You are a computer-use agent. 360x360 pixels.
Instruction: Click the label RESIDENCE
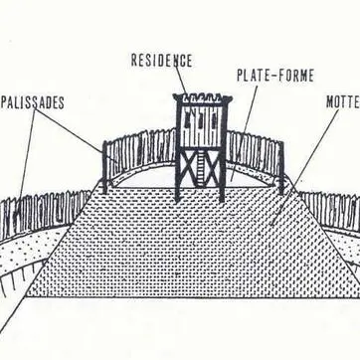(x=161, y=61)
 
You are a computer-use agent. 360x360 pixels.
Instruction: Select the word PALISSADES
(x=32, y=101)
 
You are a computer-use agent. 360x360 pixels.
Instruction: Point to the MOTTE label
(x=342, y=101)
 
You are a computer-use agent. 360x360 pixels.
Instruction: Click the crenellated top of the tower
(x=203, y=97)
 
